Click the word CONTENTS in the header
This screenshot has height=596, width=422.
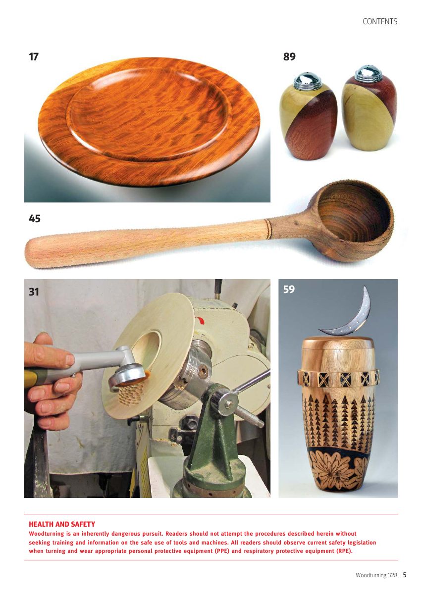(x=380, y=22)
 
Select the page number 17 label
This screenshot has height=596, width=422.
(x=34, y=56)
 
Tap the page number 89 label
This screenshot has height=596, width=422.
(x=289, y=56)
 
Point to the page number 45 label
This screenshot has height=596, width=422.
(x=35, y=218)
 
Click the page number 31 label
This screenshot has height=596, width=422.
(x=34, y=292)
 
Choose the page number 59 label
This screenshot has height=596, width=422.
(x=289, y=289)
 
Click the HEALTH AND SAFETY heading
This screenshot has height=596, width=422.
(x=62, y=524)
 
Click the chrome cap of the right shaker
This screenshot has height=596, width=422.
(x=366, y=73)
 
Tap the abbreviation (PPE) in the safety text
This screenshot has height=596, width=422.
(x=222, y=551)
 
